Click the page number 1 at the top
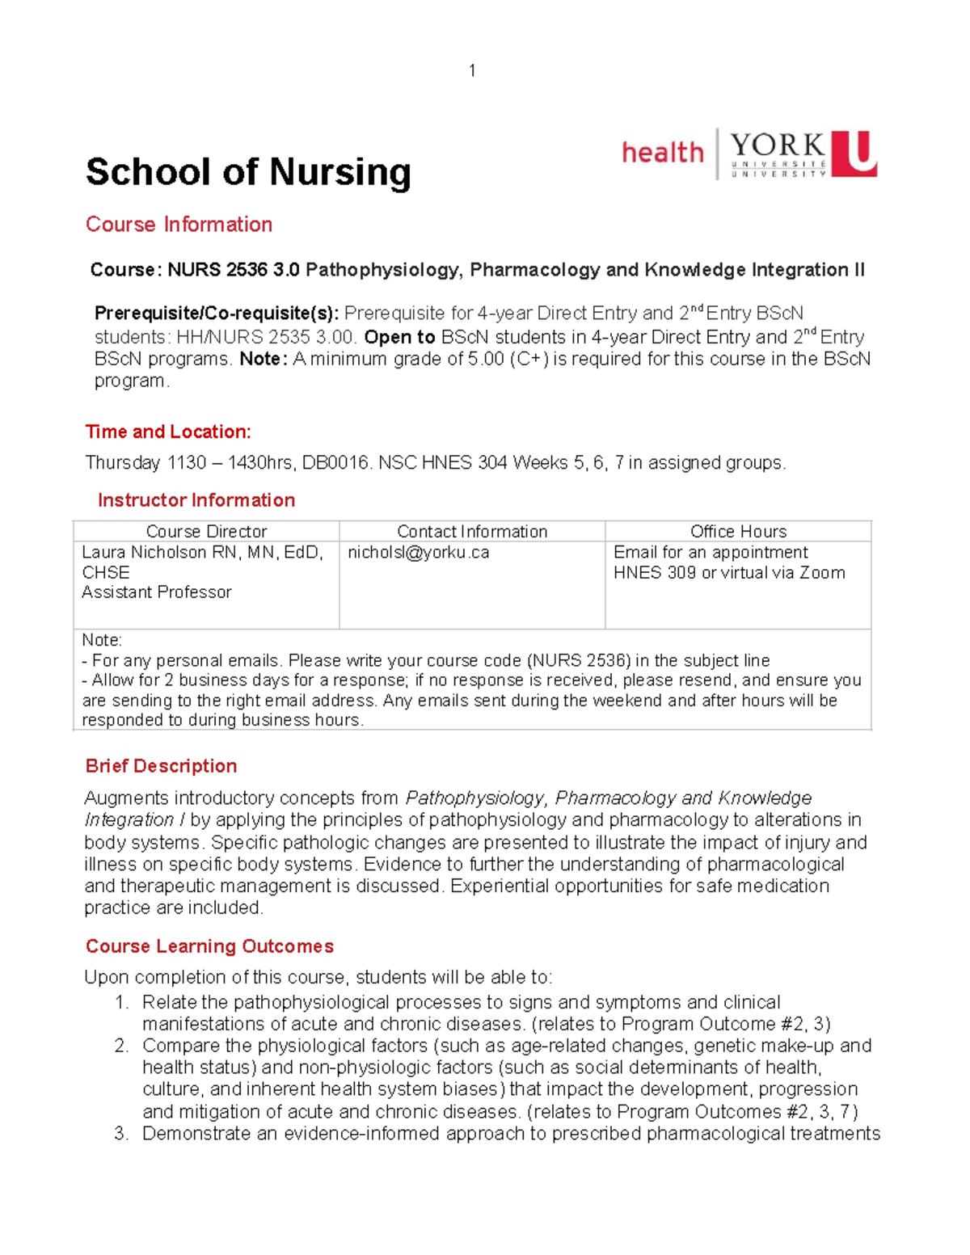(472, 71)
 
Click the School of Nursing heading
(248, 172)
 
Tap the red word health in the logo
(663, 152)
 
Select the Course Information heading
(179, 225)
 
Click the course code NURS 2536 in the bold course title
(217, 270)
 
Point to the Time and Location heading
(168, 432)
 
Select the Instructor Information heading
(196, 500)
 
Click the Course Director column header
(206, 532)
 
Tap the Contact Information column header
(472, 532)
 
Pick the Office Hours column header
(738, 532)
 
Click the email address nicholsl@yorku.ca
(419, 553)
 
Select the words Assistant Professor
(157, 592)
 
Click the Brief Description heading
(162, 766)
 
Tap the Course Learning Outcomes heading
(210, 946)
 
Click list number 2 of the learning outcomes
(121, 1047)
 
